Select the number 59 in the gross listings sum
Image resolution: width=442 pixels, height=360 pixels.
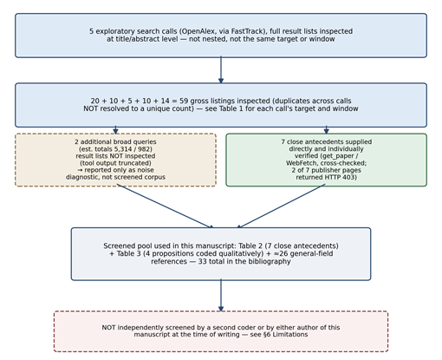click(x=184, y=101)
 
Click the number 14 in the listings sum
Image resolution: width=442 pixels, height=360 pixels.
click(x=166, y=101)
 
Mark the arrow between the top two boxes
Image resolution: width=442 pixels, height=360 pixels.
click(x=221, y=70)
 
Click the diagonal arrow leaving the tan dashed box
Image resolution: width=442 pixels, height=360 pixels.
click(x=165, y=206)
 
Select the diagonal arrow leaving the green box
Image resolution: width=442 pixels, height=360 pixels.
click(x=281, y=206)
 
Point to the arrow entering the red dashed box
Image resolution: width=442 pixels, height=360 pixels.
click(x=221, y=295)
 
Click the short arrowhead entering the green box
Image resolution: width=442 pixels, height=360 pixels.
click(x=327, y=130)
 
